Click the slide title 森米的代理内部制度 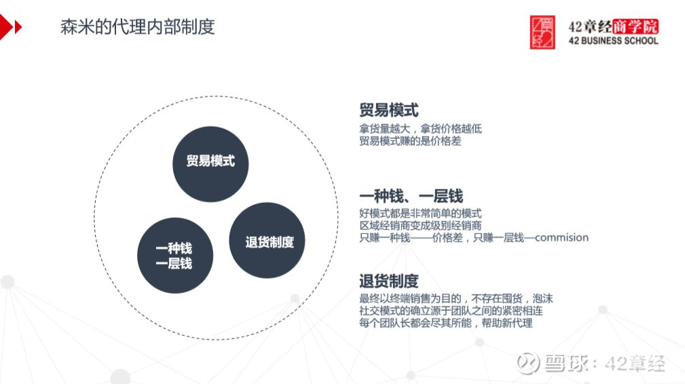138,27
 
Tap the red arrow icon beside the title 10,27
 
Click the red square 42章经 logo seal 542,33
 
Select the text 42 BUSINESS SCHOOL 613,41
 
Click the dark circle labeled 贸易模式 210,164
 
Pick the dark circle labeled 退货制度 267,240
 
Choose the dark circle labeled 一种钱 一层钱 175,256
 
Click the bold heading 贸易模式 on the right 389,110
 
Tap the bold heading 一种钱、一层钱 411,196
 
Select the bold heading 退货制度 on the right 389,281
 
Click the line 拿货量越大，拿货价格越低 420,129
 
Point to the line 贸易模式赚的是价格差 410,141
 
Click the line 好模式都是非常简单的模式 420,214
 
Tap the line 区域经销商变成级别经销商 420,226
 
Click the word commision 561,238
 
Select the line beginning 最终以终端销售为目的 456,299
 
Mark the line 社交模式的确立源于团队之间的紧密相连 451,311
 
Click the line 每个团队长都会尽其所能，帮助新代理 445,324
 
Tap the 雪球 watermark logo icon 527,363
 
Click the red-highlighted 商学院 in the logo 635,26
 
